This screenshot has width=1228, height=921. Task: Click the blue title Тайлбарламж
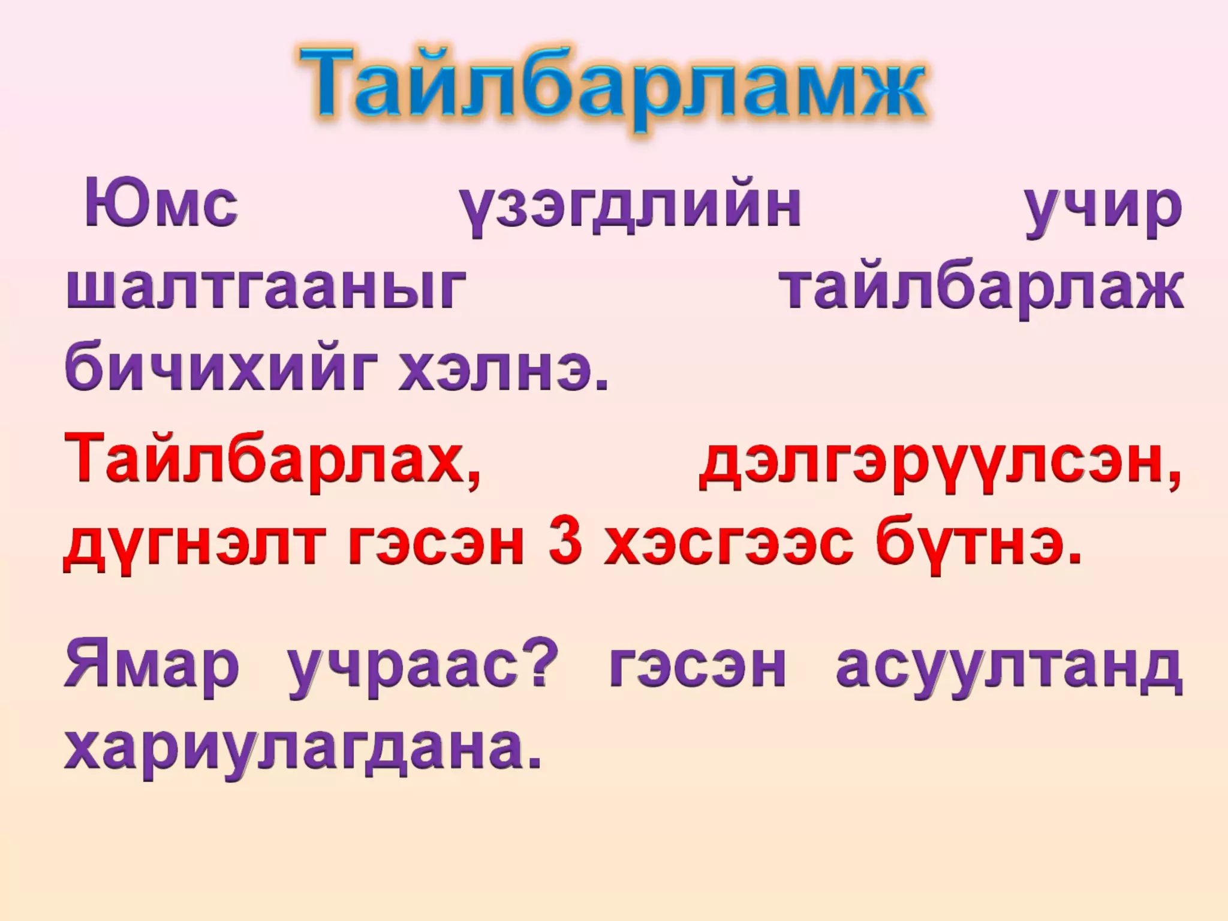(x=613, y=84)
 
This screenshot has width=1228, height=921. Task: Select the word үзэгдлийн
(x=630, y=207)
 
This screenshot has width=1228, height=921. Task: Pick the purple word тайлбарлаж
(x=983, y=290)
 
